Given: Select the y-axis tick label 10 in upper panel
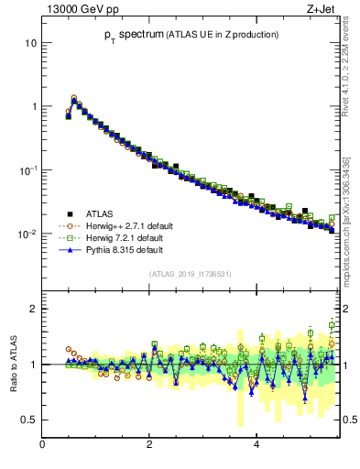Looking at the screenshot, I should point(30,43).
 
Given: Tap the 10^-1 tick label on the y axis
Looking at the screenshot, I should point(28,170).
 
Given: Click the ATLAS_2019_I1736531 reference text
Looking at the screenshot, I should point(190,273).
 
